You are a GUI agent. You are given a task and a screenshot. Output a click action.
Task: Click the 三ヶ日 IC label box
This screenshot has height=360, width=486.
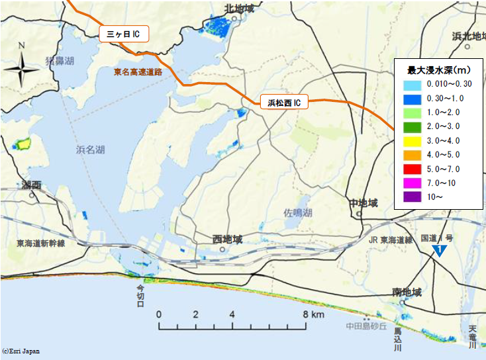pos(124,34)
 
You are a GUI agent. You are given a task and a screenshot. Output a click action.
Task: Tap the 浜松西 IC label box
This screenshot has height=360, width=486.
pos(284,103)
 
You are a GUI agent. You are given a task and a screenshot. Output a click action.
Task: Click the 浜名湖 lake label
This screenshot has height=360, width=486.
pos(90,151)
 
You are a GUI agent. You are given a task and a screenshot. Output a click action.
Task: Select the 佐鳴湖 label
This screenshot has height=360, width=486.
pos(297,213)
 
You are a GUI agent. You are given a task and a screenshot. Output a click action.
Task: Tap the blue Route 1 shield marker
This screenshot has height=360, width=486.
pos(440,249)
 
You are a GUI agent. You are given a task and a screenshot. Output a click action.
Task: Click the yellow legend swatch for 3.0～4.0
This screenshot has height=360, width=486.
pos(412,141)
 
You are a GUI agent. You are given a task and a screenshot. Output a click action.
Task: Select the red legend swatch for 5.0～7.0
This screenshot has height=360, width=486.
pos(412,169)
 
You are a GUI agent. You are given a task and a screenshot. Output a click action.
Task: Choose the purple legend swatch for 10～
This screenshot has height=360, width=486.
pos(412,197)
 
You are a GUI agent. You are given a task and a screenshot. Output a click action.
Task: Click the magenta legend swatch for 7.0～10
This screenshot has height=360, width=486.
pos(412,183)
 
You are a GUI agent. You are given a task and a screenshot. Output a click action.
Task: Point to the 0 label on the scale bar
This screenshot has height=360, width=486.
pos(159,314)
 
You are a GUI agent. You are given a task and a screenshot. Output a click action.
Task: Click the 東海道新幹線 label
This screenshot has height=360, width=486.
pos(40,244)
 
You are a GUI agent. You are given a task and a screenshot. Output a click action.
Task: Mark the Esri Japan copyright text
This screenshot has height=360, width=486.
pos(21,351)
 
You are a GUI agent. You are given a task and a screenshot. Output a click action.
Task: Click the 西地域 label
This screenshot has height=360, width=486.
pos(227,238)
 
